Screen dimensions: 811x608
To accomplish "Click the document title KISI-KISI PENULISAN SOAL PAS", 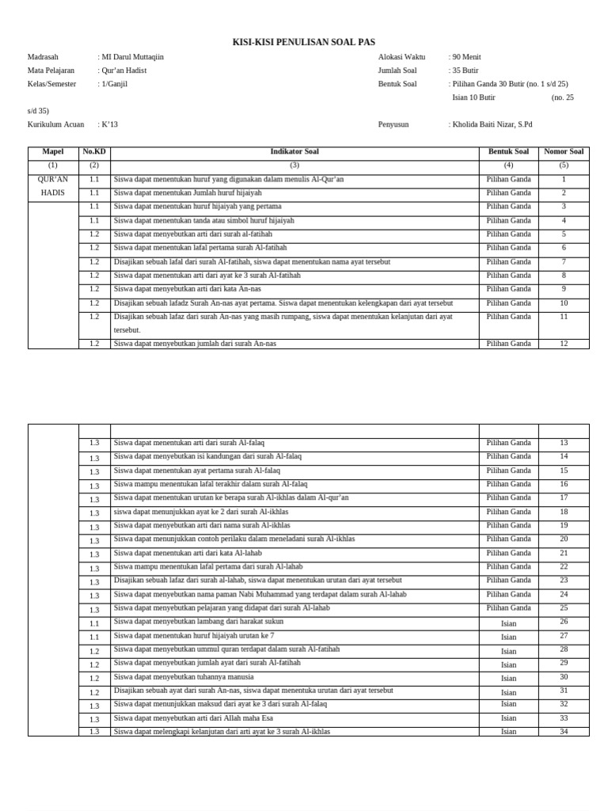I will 303,42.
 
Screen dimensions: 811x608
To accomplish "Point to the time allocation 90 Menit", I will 466,57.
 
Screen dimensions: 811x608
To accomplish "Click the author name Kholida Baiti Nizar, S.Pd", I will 492,124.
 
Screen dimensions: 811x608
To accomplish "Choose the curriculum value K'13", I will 109,124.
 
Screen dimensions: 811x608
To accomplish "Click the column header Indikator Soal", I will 294,151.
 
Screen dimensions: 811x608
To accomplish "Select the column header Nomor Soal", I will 564,151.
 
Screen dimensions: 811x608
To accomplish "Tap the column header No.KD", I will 94,151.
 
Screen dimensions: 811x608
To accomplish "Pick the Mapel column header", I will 53,151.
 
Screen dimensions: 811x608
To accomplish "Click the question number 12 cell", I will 564,344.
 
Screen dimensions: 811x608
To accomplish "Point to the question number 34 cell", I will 564,732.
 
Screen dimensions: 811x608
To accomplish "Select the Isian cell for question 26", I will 508,623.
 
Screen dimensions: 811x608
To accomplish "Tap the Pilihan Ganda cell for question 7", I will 508,261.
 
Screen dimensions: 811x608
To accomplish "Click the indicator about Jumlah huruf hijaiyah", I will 188,192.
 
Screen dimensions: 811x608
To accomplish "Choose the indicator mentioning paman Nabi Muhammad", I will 260,594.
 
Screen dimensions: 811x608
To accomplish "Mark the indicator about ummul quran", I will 226,649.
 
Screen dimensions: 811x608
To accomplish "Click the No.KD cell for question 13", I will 94,444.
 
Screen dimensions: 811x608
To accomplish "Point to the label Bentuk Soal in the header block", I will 397,84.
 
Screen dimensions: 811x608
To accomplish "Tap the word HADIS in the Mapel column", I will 53,192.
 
